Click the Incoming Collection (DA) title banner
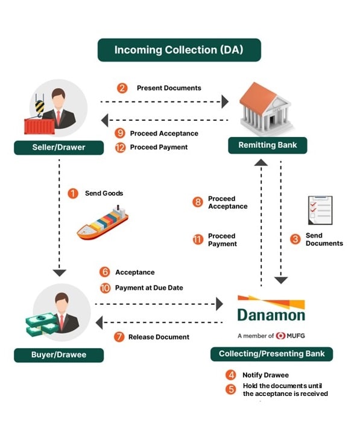point(179,50)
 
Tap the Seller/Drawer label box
point(59,147)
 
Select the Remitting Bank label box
point(267,145)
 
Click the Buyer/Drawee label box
point(59,355)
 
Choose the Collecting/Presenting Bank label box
point(271,354)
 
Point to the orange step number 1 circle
point(73,193)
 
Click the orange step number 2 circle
point(122,88)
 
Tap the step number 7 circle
point(119,337)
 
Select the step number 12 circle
point(120,147)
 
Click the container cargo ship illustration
point(103,223)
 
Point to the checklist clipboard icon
point(320,210)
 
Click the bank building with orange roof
point(267,107)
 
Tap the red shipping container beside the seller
point(39,126)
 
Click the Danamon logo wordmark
point(271,315)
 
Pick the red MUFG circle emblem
point(280,336)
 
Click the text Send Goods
point(104,193)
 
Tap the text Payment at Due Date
point(149,288)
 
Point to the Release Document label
point(159,337)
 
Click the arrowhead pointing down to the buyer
point(59,273)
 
